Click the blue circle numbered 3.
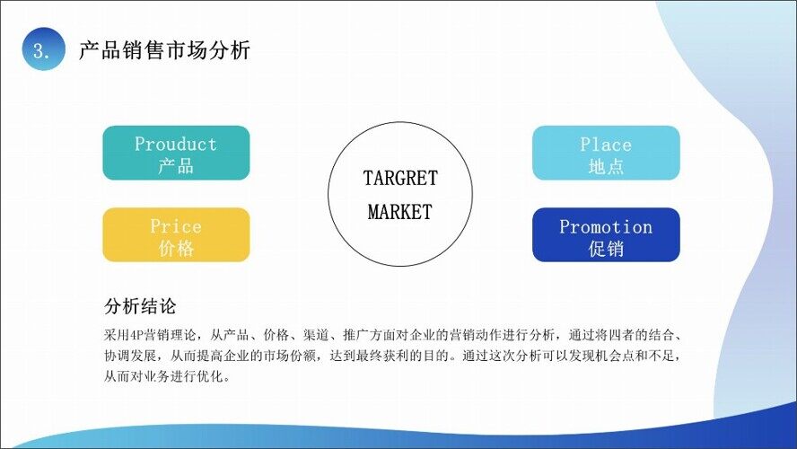tap(44, 48)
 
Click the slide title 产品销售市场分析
tap(164, 50)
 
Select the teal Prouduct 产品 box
tap(177, 153)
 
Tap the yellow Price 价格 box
tap(177, 235)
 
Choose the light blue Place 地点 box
tap(606, 153)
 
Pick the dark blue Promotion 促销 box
tap(606, 235)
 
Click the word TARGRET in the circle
tap(400, 178)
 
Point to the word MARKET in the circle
tap(400, 212)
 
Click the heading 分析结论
tap(140, 306)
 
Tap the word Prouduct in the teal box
tap(176, 144)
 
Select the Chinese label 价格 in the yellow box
tap(177, 248)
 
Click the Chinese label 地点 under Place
tap(606, 166)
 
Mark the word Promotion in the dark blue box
tap(606, 227)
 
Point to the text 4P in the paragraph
tap(137, 335)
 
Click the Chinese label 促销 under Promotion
tap(606, 249)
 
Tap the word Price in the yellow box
tap(176, 226)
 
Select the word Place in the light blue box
tap(606, 145)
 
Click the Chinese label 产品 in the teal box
tap(177, 166)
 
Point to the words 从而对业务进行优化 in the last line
tap(163, 377)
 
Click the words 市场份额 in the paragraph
tap(290, 356)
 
